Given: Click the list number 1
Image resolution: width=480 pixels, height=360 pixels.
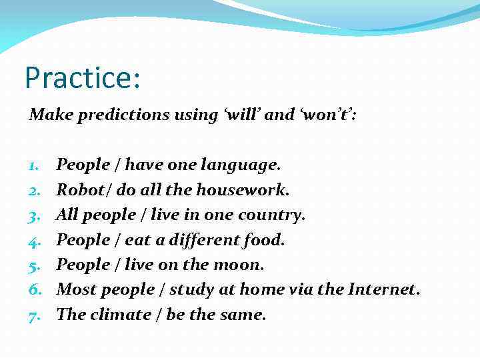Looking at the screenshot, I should click(34, 165).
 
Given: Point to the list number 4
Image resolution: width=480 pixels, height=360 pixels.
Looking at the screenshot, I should click(34, 240).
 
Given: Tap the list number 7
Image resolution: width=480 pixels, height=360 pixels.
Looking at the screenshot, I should click(34, 315).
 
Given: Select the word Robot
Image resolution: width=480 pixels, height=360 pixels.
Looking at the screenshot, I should click(77, 189).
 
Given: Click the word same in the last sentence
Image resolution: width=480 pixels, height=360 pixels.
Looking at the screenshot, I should click(243, 315).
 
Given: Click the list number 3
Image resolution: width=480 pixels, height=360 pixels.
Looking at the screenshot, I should click(34, 215).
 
